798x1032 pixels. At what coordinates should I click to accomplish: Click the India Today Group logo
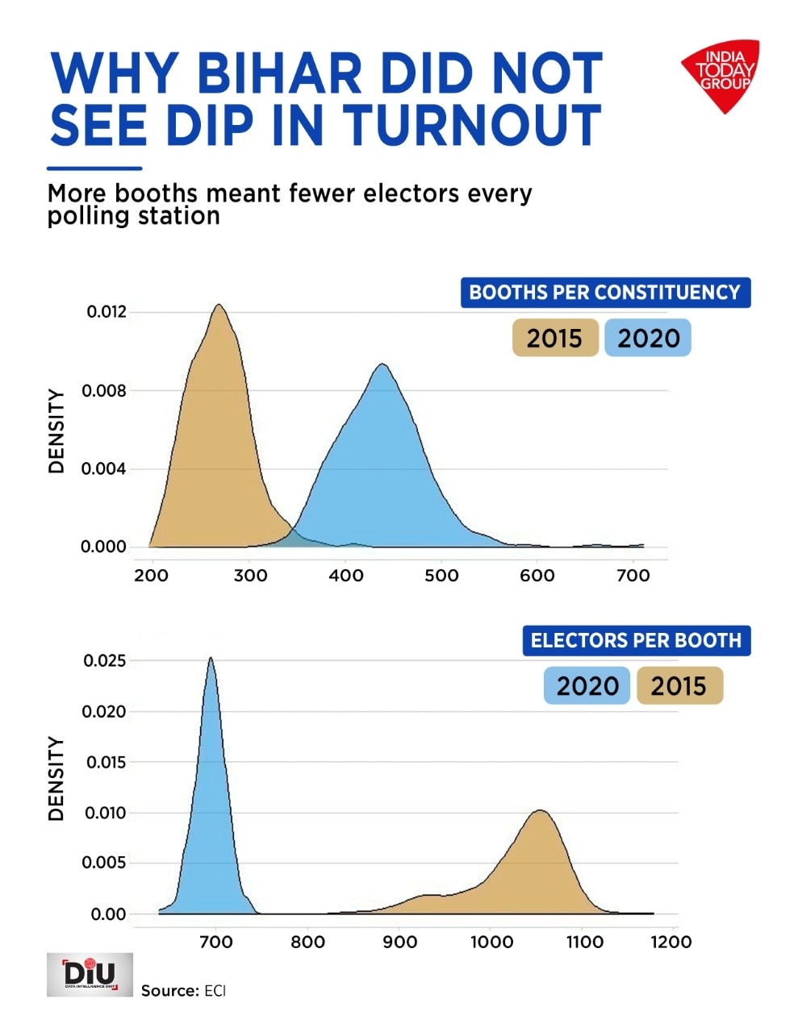pos(720,74)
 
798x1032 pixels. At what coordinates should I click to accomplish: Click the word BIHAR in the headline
pos(279,74)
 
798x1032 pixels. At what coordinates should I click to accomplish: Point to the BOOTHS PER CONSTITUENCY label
pos(605,292)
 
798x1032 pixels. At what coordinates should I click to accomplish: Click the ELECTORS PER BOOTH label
pos(636,640)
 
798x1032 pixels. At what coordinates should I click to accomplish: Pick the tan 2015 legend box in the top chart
pos(554,338)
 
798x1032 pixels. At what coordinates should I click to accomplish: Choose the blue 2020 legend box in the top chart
pos(648,338)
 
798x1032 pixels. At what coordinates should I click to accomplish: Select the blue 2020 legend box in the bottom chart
pos(587,686)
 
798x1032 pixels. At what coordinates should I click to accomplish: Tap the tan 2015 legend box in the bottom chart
pos(679,686)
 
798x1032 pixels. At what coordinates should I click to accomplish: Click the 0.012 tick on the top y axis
pos(107,312)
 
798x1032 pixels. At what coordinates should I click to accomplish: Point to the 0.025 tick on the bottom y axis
pos(105,661)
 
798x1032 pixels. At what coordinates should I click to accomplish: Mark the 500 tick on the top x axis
pos(441,576)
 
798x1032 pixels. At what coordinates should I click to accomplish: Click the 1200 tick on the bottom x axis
pos(671,942)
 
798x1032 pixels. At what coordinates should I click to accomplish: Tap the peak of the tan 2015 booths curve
pos(218,306)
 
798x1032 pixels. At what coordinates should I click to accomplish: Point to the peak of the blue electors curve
pos(211,658)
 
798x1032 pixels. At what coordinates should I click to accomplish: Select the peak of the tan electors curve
pos(540,811)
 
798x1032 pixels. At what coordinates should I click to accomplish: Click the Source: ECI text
pos(183,990)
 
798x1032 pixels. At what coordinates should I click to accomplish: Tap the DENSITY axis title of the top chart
pos(56,431)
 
